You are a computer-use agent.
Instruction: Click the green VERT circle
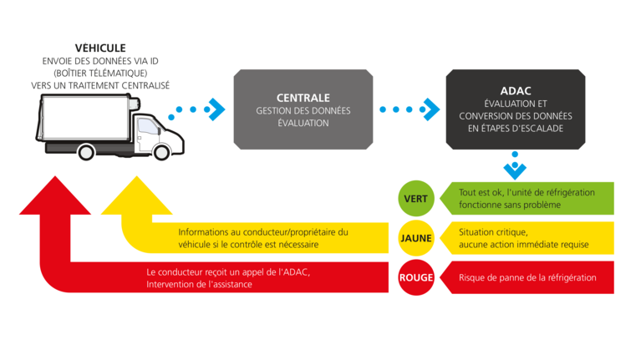(415, 199)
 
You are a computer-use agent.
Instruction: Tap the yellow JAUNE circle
(415, 238)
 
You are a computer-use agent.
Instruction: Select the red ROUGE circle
(415, 277)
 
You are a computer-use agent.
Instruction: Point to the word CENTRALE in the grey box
(303, 97)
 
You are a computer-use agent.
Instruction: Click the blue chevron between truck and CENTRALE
(216, 109)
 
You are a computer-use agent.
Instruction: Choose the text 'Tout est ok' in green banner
(480, 192)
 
